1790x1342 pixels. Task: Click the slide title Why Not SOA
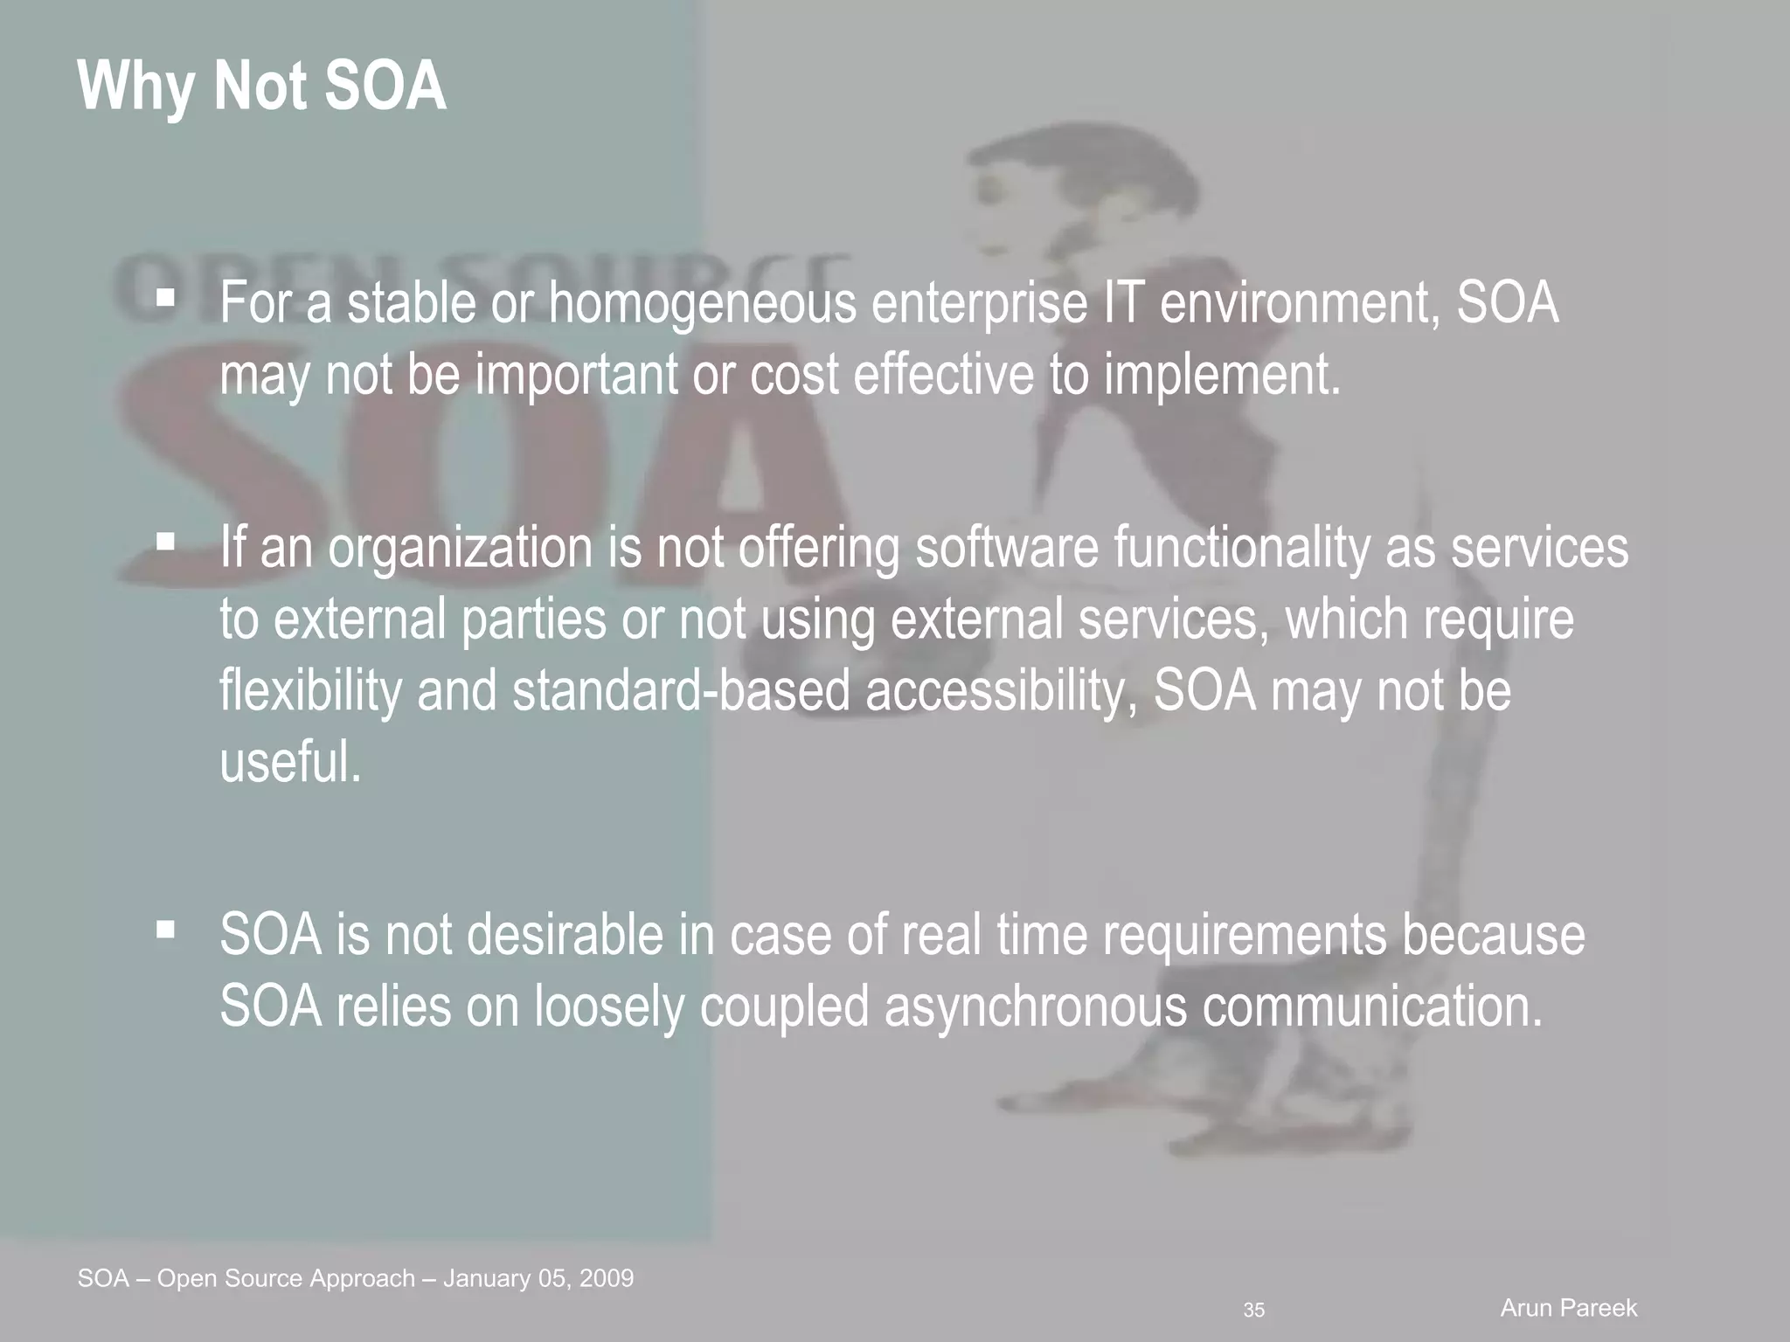point(261,86)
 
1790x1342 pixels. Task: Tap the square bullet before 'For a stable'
point(165,298)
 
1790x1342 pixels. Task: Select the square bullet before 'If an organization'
point(165,543)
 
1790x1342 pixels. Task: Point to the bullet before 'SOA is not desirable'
point(165,930)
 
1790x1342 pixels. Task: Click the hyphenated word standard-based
point(681,690)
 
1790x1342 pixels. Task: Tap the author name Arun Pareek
point(1569,1308)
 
